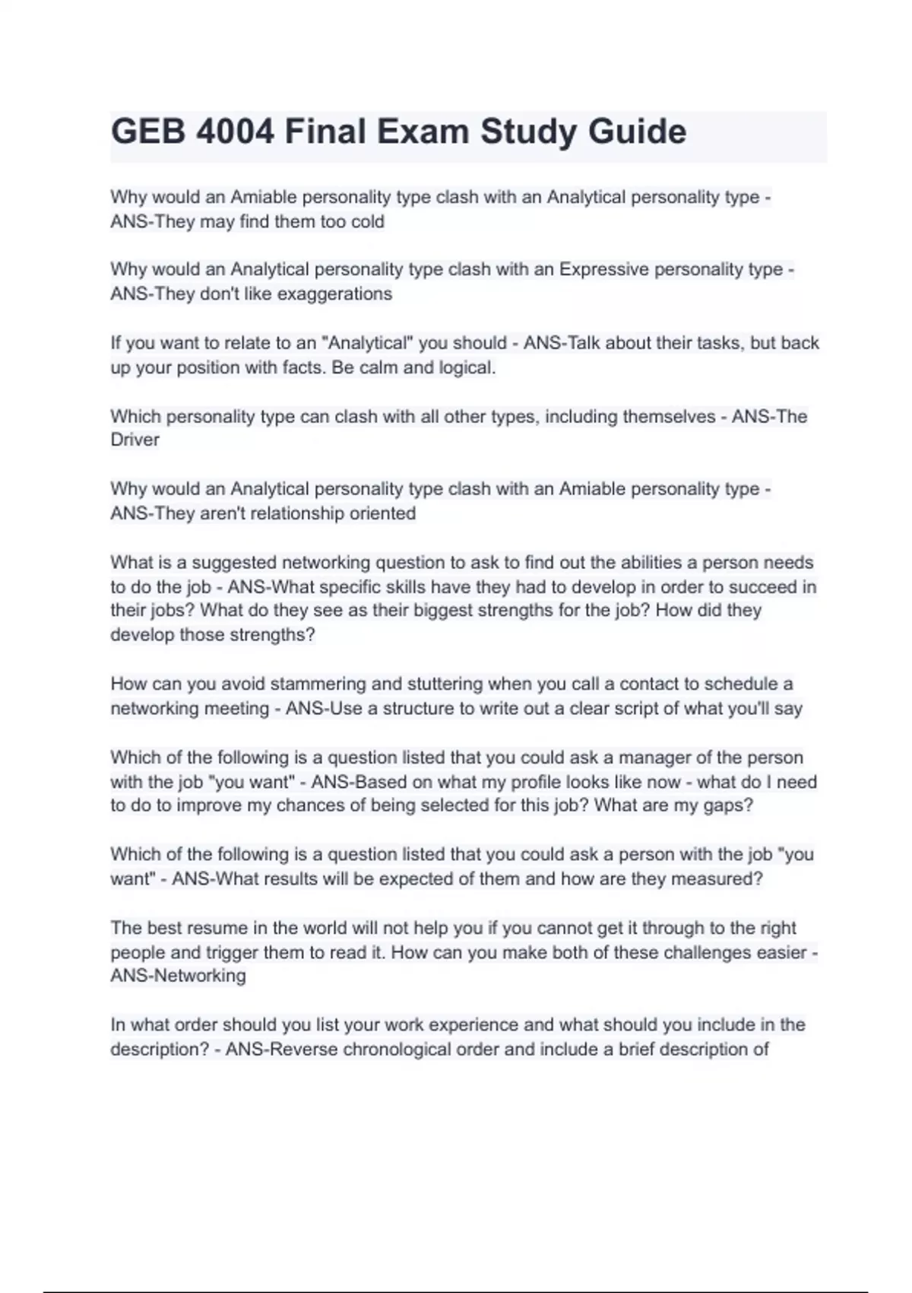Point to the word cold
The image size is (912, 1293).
coord(367,222)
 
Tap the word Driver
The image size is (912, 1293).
coord(135,440)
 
